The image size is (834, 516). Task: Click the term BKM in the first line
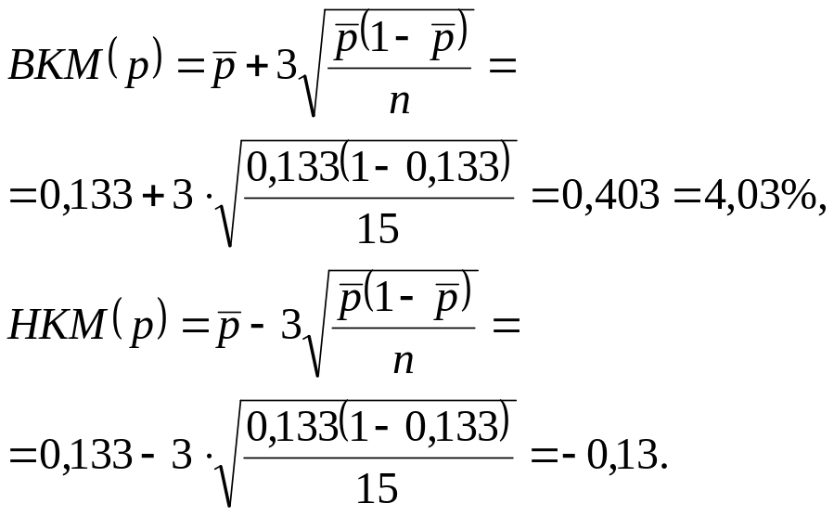pyautogui.click(x=55, y=66)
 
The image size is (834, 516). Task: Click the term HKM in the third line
pyautogui.click(x=57, y=325)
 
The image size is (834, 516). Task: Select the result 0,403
pyautogui.click(x=610, y=195)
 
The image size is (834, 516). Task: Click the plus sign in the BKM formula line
pyautogui.click(x=256, y=67)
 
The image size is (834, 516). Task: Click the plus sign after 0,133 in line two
pyautogui.click(x=153, y=196)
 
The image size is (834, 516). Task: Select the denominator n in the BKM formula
pyautogui.click(x=400, y=102)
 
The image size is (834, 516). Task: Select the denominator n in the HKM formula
pyautogui.click(x=404, y=362)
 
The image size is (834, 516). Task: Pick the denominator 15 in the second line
pyautogui.click(x=379, y=228)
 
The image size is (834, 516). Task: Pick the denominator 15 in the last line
pyautogui.click(x=377, y=488)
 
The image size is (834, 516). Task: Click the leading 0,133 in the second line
pyautogui.click(x=86, y=195)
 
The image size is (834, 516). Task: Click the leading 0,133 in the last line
pyautogui.click(x=86, y=456)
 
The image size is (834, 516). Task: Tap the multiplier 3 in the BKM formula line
pyautogui.click(x=286, y=66)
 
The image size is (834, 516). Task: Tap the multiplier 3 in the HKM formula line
pyautogui.click(x=291, y=325)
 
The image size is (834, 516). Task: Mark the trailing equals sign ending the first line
pyautogui.click(x=503, y=68)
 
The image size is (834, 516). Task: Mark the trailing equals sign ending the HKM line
pyautogui.click(x=506, y=327)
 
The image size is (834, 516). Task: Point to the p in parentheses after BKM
pyautogui.click(x=136, y=71)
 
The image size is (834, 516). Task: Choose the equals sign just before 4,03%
pyautogui.click(x=687, y=197)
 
